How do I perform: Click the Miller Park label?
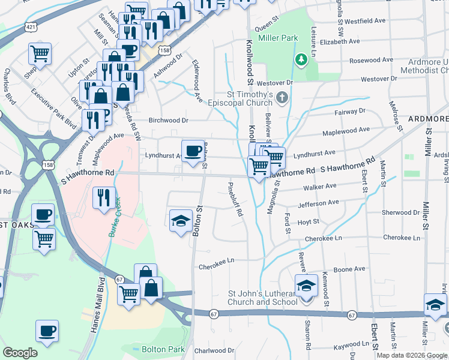click(x=278, y=38)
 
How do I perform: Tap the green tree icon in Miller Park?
click(x=301, y=59)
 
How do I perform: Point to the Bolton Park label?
click(x=158, y=349)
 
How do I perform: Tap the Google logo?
click(x=20, y=353)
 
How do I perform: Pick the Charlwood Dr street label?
click(x=214, y=350)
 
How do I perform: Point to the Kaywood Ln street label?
click(x=354, y=347)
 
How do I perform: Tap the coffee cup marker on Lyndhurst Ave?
click(x=193, y=151)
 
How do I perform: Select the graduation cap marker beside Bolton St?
click(x=181, y=221)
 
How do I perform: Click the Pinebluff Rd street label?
click(x=235, y=201)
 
